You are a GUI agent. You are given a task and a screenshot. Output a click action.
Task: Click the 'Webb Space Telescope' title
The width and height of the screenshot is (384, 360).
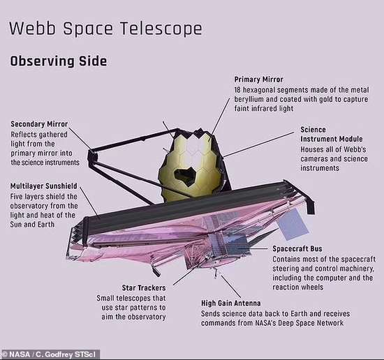[x=106, y=29]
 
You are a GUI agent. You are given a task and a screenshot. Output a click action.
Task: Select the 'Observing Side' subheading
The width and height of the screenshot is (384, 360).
[x=58, y=61]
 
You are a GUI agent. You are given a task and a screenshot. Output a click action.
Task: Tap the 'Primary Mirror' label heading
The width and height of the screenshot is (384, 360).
[x=258, y=80]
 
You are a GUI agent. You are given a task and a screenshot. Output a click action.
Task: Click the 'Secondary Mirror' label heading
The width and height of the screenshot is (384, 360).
[x=39, y=124]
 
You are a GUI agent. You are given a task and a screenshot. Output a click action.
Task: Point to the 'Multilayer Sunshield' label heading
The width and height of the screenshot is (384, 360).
[x=43, y=186]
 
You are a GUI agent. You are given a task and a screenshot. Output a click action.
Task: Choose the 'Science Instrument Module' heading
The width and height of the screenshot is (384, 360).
[x=332, y=135]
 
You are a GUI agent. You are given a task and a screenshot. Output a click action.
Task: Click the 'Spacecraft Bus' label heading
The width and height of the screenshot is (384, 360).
[x=297, y=248]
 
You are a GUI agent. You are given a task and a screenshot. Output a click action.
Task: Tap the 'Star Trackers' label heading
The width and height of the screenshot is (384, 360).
[x=144, y=288]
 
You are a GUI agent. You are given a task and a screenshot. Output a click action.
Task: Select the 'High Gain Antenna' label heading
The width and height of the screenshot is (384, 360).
[x=231, y=303]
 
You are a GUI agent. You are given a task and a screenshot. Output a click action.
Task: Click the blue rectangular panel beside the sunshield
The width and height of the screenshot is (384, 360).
[x=293, y=225]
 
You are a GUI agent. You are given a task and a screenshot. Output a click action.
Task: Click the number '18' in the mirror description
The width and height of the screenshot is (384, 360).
[x=237, y=90]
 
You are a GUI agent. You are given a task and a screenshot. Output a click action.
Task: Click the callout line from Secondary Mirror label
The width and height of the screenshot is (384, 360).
[x=80, y=137]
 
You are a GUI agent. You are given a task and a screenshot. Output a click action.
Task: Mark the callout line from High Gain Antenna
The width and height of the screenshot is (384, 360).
[x=231, y=287]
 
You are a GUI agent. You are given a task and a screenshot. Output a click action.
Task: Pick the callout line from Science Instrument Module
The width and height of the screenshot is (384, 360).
[x=258, y=144]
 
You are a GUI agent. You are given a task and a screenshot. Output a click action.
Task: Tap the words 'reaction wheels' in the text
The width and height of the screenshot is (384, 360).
[x=298, y=287]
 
